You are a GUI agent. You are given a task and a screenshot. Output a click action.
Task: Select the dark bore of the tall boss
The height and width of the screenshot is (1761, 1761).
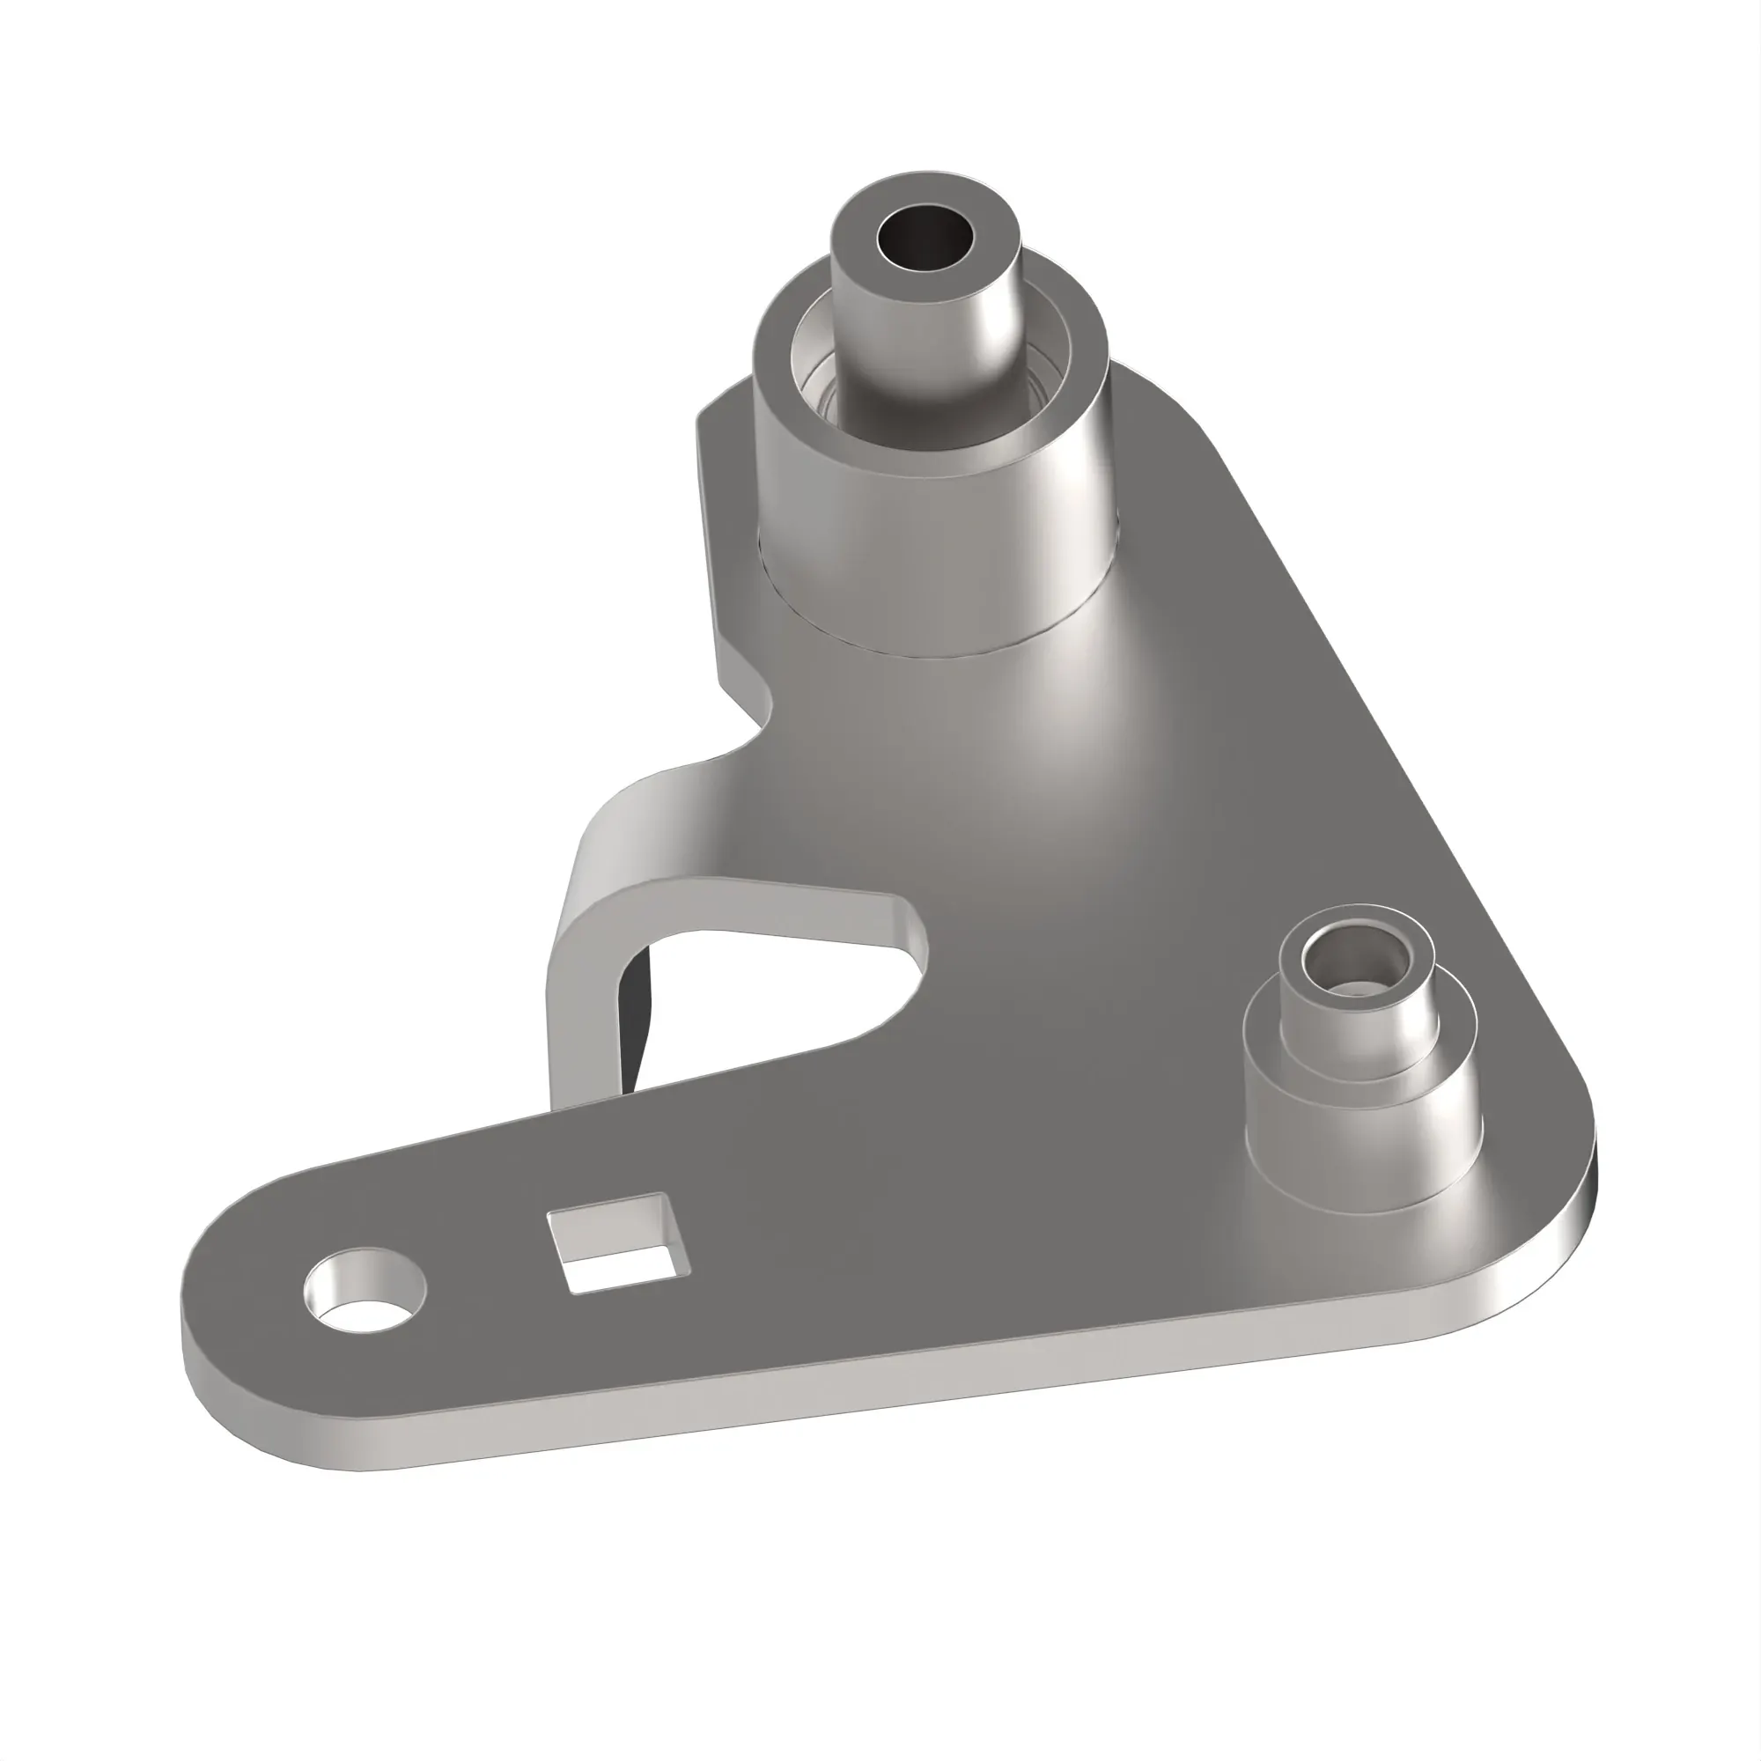[x=925, y=239]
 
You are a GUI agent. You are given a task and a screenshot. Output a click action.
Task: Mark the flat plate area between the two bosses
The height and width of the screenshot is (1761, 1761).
[x=1139, y=866]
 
